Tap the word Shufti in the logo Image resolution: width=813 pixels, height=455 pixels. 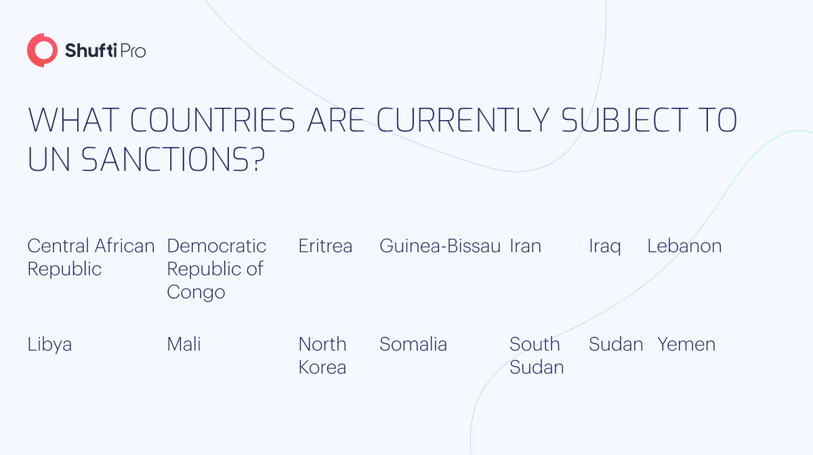[x=91, y=50]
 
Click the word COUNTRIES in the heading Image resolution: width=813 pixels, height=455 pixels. [x=213, y=120]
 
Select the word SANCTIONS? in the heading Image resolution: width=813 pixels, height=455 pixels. [x=173, y=159]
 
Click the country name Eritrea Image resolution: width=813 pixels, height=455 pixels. [x=325, y=246]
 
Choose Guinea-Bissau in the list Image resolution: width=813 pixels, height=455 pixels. [x=440, y=246]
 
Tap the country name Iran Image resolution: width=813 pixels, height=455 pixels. [x=525, y=246]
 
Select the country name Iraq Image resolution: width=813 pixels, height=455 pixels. [x=604, y=247]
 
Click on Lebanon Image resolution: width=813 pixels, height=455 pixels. [x=684, y=246]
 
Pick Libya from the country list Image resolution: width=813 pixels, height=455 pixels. [x=49, y=344]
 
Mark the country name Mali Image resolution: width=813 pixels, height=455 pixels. [x=184, y=344]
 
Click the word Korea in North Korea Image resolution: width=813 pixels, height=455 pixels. [x=322, y=367]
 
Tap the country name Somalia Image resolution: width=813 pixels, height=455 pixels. [x=413, y=344]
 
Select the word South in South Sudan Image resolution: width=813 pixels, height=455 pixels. [x=535, y=344]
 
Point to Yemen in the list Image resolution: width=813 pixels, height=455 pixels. [x=686, y=344]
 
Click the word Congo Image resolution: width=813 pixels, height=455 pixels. [x=196, y=293]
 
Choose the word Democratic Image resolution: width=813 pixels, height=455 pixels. [x=217, y=246]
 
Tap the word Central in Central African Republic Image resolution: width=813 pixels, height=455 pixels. [x=58, y=246]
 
